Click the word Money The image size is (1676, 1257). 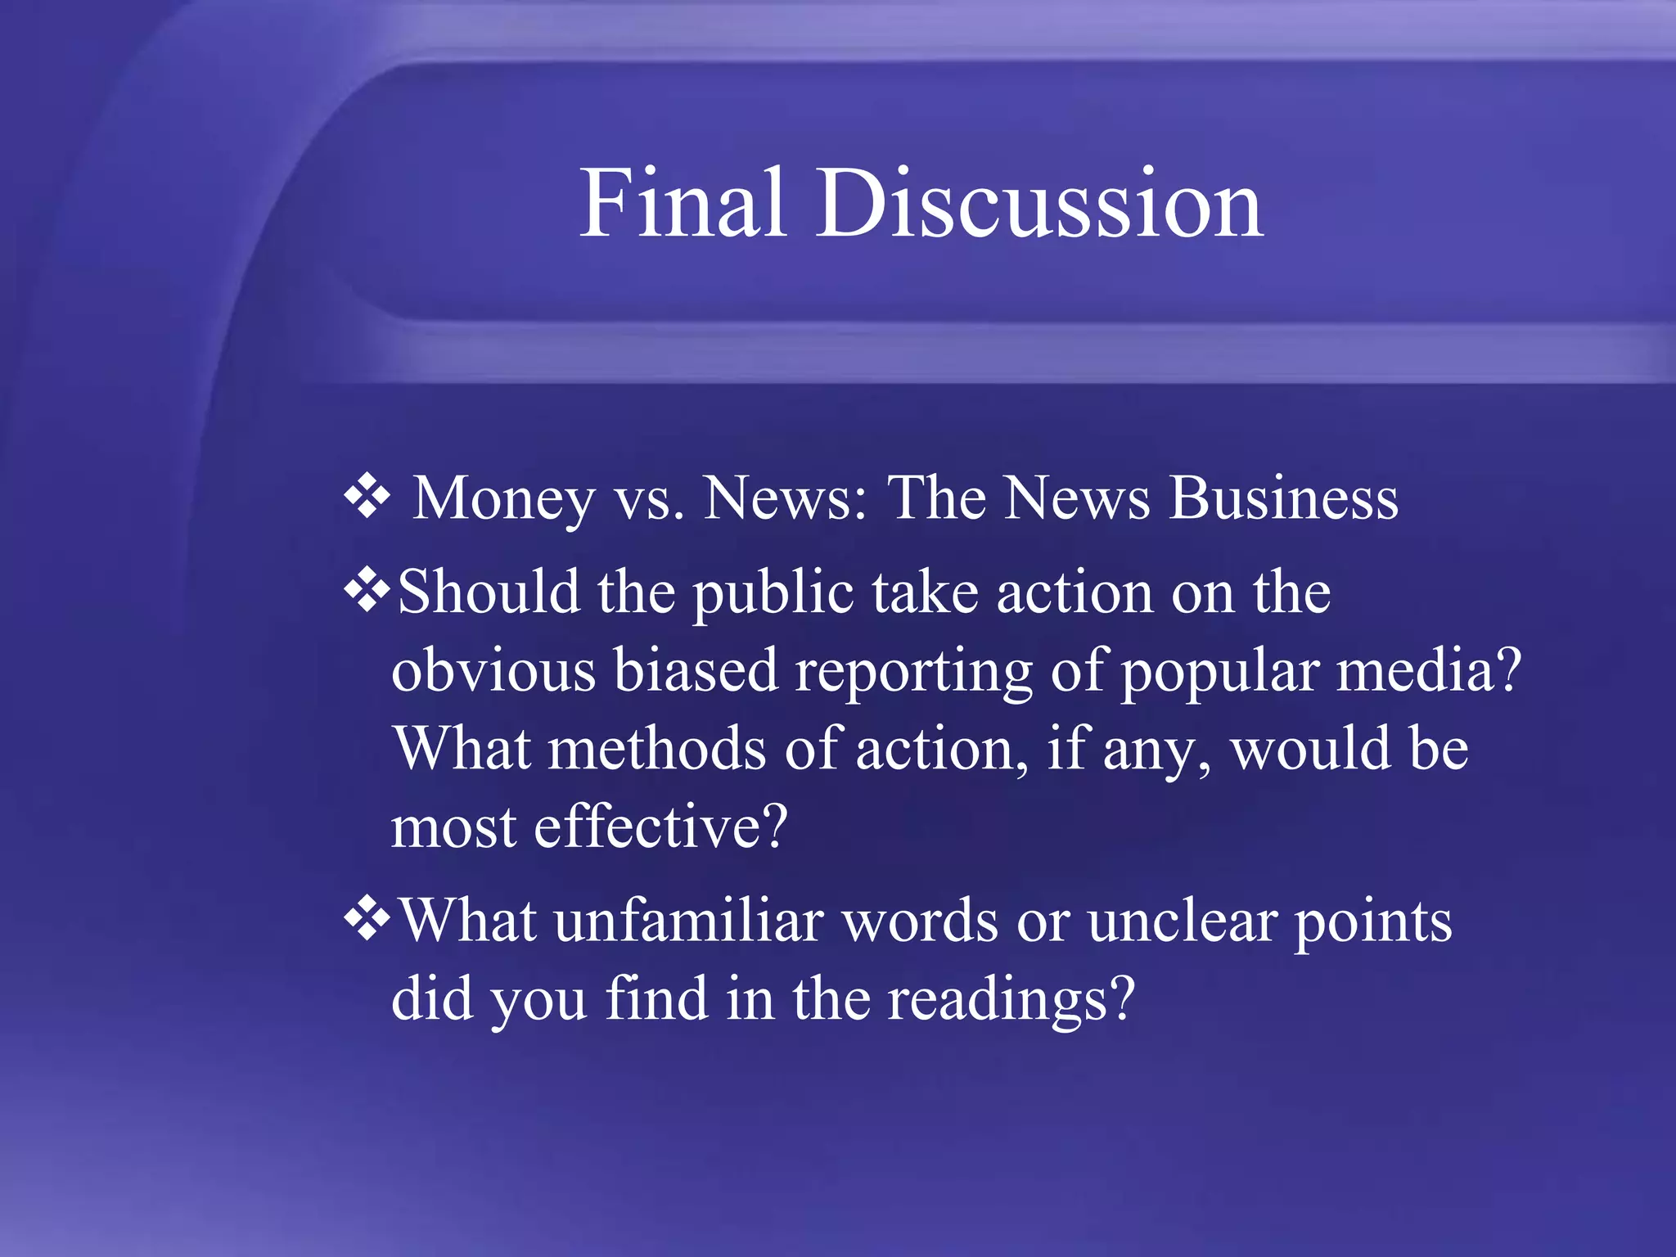(504, 499)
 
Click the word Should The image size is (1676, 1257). (489, 591)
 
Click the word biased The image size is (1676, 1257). (696, 669)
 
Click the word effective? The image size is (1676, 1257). (660, 826)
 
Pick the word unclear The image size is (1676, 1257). (1183, 921)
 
